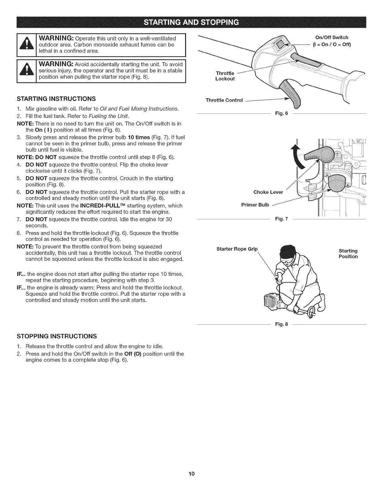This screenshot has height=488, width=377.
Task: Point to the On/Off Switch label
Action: point(330,38)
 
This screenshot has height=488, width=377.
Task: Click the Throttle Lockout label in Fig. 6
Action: point(225,76)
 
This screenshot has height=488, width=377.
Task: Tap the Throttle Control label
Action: point(224,100)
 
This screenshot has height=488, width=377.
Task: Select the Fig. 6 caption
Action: point(281,113)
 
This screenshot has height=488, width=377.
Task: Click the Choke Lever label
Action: point(268,192)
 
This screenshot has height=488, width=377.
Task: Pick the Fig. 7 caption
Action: point(281,219)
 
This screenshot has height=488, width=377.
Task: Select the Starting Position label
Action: point(348,254)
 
